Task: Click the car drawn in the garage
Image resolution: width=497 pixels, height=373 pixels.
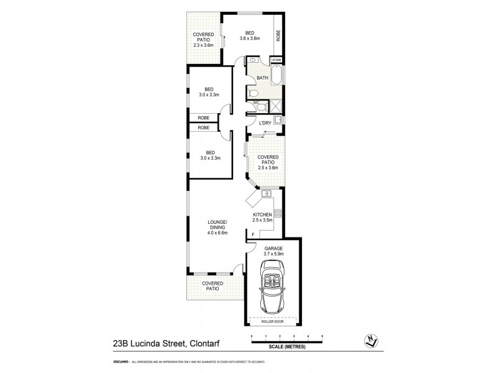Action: [273, 288]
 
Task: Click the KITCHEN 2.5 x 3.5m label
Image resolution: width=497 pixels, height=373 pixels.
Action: [263, 217]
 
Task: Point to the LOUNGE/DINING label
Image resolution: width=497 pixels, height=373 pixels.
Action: [217, 228]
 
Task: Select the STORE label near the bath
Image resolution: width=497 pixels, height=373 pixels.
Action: [276, 60]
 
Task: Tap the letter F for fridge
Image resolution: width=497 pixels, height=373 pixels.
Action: [253, 234]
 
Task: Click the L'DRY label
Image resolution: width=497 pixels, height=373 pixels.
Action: [265, 123]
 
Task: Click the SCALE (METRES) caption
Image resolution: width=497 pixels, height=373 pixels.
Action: [286, 347]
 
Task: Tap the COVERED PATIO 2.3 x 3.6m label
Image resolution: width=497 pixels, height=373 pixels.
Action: [203, 40]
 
